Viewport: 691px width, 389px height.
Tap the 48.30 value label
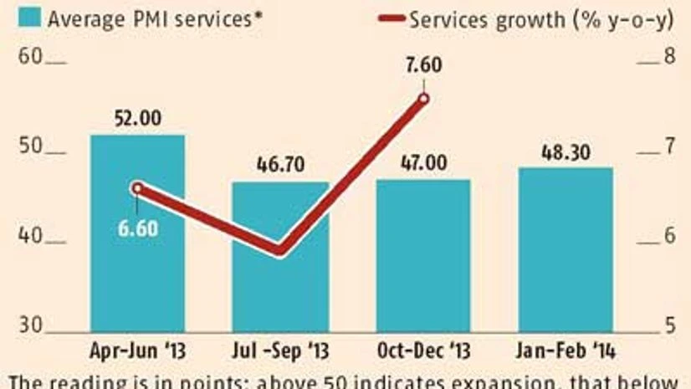566,151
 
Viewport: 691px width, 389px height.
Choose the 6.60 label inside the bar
137,228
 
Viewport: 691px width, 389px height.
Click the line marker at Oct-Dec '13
423,99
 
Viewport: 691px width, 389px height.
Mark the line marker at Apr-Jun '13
137,188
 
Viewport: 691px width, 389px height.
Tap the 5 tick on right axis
668,326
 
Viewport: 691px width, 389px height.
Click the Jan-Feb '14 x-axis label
566,348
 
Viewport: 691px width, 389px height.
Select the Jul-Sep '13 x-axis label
280,348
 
